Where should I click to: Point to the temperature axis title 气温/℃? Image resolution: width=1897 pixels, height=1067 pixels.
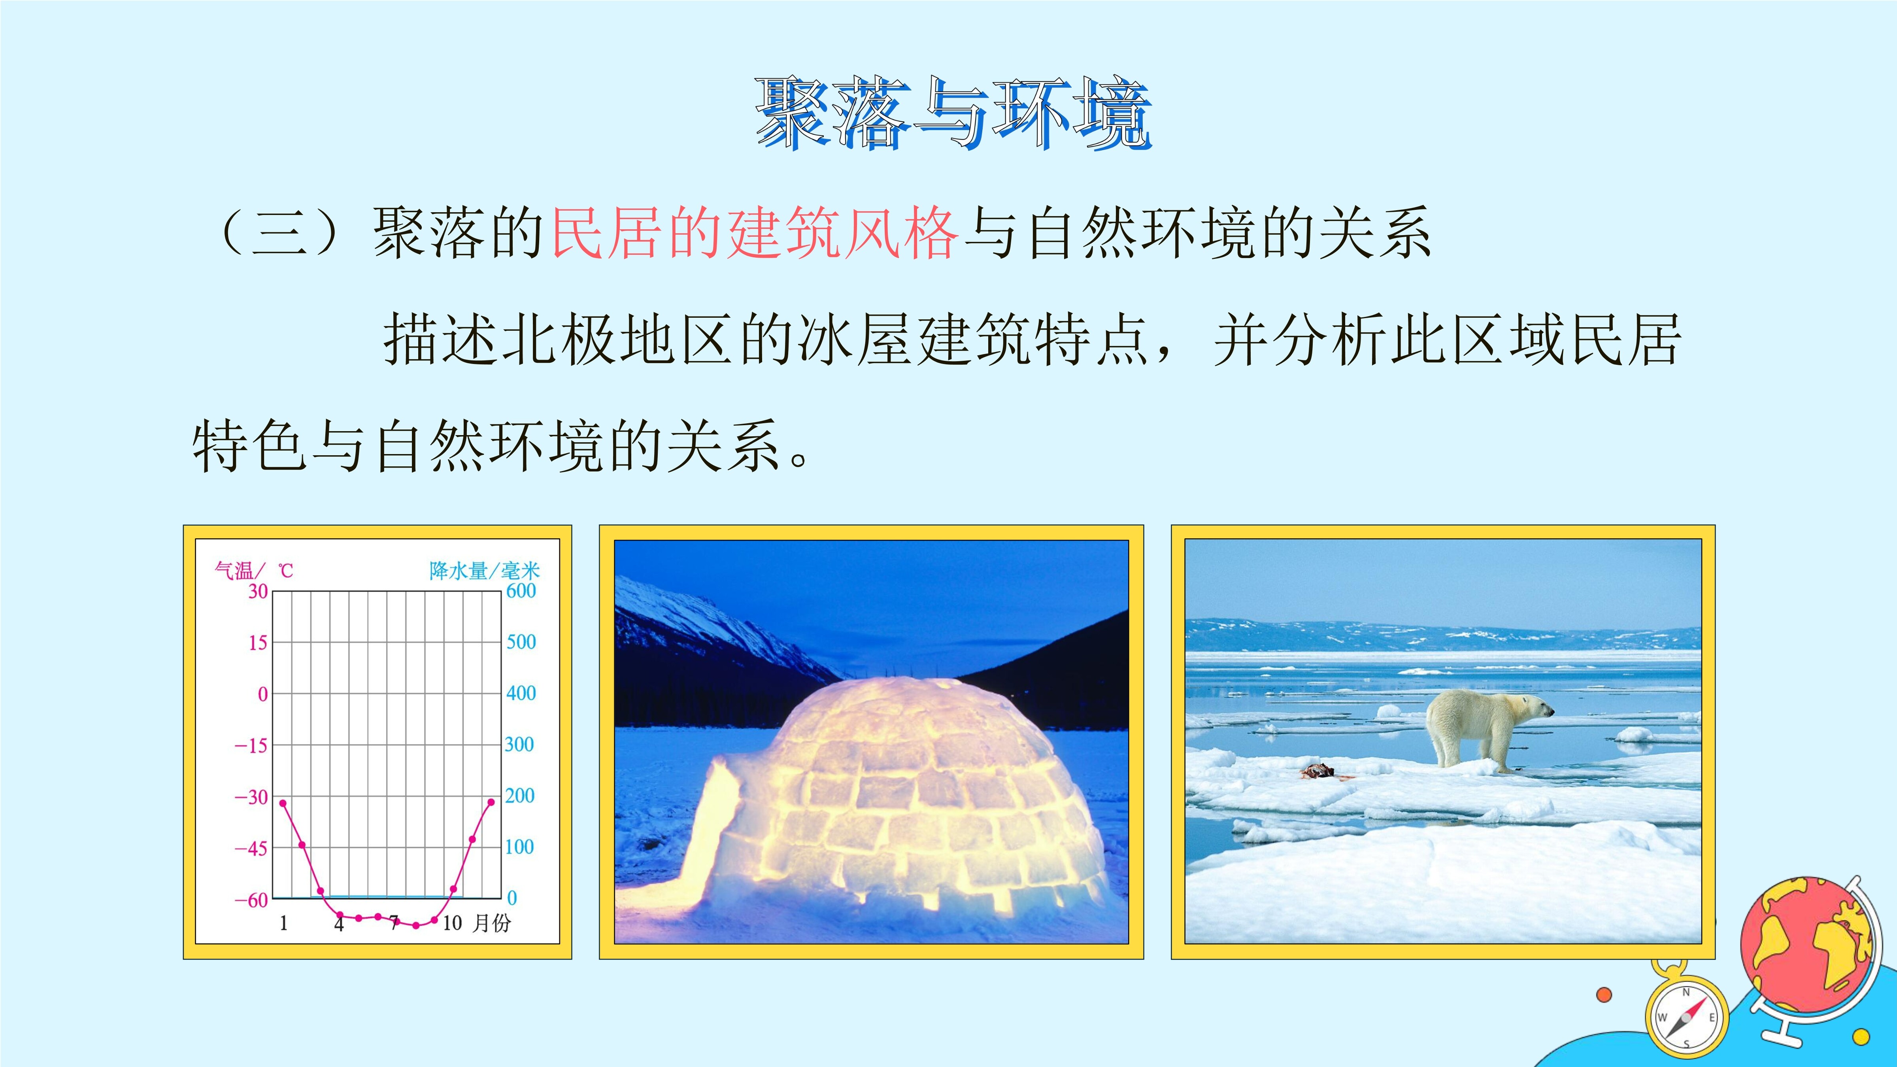coord(253,570)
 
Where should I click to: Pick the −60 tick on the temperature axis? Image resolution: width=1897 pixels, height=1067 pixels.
coord(251,900)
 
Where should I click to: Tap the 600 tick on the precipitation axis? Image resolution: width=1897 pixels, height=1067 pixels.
coord(521,590)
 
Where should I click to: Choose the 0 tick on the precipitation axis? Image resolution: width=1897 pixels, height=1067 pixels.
coord(512,897)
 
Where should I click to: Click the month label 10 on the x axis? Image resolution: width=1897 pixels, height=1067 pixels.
coord(452,923)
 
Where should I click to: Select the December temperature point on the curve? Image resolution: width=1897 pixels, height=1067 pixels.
coord(491,802)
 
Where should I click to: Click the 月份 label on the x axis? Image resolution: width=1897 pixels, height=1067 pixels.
coord(491,923)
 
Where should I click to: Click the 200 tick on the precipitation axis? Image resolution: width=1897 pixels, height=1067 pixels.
coord(520,795)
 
